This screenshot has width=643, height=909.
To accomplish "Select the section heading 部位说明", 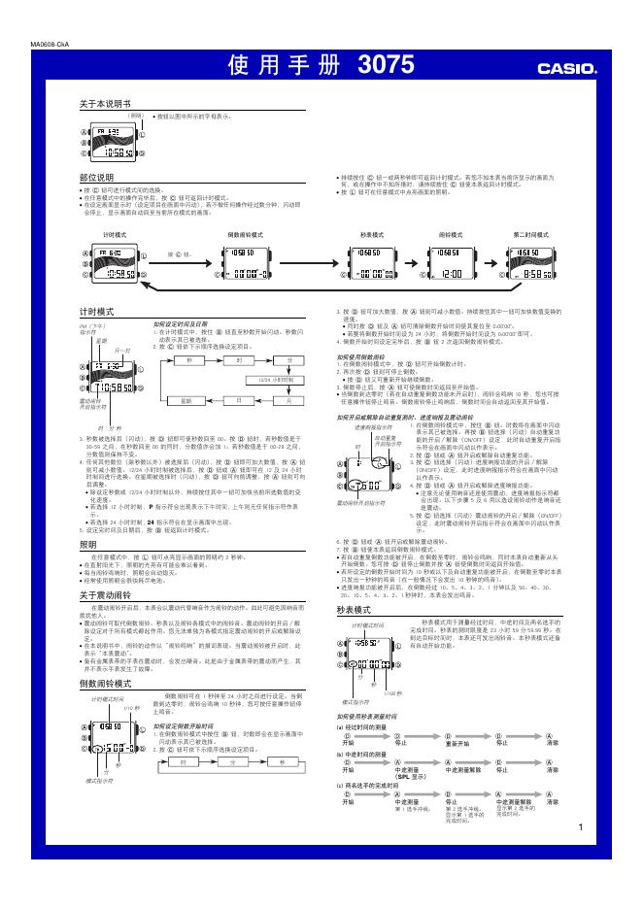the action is pyautogui.click(x=96, y=179).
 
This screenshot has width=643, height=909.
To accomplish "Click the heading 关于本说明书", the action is pyautogui.click(x=105, y=102).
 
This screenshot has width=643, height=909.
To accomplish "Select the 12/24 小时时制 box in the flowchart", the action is pyautogui.click(x=263, y=379).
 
